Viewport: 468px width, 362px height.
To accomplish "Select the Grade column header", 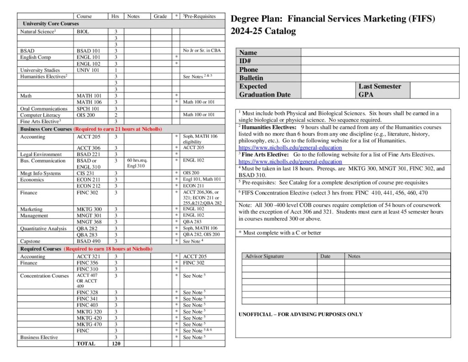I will click(x=160, y=16).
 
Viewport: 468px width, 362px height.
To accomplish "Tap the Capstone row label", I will click(x=31, y=241).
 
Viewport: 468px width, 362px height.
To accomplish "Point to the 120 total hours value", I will click(x=116, y=343).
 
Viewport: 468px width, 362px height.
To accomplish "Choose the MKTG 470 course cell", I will click(x=89, y=324).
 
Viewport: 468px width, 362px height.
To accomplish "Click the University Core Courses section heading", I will click(x=51, y=23).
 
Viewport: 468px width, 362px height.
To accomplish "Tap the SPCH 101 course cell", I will click(x=88, y=108).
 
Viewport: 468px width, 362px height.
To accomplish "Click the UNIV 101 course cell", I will click(x=88, y=70).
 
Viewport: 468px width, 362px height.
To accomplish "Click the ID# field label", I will click(x=245, y=61).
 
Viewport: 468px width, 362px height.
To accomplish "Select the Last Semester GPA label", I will click(x=380, y=90).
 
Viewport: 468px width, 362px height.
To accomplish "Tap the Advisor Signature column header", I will click(x=265, y=256).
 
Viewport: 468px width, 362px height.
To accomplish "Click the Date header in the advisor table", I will click(x=325, y=256).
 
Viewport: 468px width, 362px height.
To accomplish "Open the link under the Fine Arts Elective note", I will click(x=290, y=162).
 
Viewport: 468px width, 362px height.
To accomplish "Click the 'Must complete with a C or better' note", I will click(x=280, y=232).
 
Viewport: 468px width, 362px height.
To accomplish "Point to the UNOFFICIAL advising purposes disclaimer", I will click(x=301, y=314).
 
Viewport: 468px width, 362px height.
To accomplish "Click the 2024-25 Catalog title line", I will click(x=263, y=31).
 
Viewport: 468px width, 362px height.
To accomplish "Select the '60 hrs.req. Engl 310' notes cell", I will click(x=137, y=163).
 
